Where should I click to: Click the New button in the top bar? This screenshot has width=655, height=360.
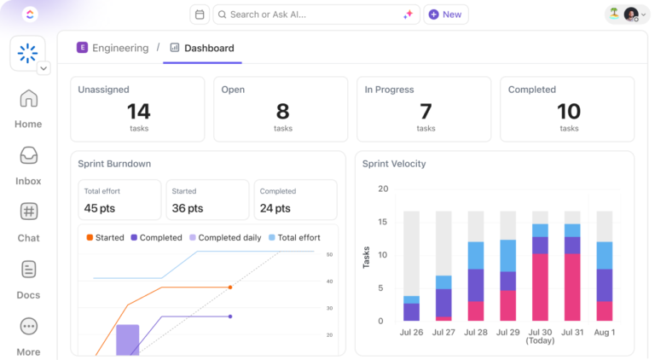click(x=445, y=15)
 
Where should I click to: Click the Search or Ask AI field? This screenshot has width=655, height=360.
click(x=316, y=15)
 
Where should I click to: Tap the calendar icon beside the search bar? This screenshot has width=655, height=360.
click(x=199, y=15)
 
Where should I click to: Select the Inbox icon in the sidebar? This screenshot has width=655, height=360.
click(x=28, y=156)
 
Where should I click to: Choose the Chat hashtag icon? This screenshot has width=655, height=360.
click(x=28, y=212)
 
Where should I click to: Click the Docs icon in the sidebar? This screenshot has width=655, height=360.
click(x=28, y=270)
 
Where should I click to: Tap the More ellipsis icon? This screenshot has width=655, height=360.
click(x=28, y=327)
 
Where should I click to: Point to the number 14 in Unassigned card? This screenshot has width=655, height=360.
click(x=138, y=112)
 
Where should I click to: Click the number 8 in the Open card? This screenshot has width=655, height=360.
click(x=282, y=112)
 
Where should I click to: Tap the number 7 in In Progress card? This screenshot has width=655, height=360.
click(x=426, y=112)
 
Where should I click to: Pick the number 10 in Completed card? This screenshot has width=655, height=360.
click(x=568, y=112)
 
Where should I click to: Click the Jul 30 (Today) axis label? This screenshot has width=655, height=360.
click(x=540, y=336)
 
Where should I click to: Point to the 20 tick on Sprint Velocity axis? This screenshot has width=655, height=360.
click(x=383, y=189)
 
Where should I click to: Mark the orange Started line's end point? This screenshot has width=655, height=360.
click(x=230, y=287)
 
